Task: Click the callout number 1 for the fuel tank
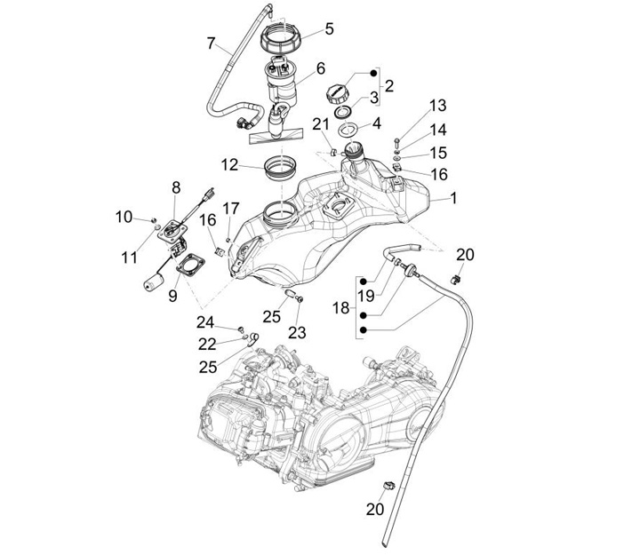(x=453, y=199)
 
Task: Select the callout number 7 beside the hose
(x=212, y=43)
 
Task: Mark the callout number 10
(x=124, y=217)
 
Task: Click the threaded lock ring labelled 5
(x=284, y=40)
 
